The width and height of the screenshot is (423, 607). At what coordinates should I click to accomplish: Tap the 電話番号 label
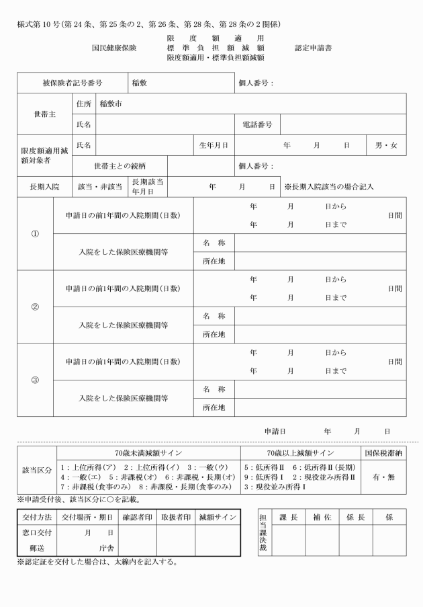pyautogui.click(x=257, y=124)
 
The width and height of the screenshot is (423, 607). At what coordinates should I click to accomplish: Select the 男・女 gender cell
pyautogui.click(x=385, y=145)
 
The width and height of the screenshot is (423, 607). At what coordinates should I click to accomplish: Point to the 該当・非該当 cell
pyautogui.click(x=100, y=186)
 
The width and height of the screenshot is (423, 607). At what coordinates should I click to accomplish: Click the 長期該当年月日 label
pyautogui.click(x=147, y=186)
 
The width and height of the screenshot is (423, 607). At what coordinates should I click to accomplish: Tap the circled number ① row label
pyautogui.click(x=36, y=234)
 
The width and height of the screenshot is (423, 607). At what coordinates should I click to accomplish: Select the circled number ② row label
pyautogui.click(x=36, y=307)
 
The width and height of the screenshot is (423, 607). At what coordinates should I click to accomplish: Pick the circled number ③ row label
pyautogui.click(x=36, y=380)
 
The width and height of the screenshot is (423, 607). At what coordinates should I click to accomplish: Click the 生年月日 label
pyautogui.click(x=214, y=145)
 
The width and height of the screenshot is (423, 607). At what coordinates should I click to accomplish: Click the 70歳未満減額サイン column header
pyautogui.click(x=148, y=454)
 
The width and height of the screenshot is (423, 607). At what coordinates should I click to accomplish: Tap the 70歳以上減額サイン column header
pyautogui.click(x=300, y=454)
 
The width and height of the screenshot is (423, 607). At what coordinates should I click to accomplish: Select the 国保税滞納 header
pyautogui.click(x=383, y=454)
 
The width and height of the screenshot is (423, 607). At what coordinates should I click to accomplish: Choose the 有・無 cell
pyautogui.click(x=383, y=477)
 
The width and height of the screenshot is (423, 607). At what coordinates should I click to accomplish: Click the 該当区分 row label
pyautogui.click(x=37, y=471)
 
